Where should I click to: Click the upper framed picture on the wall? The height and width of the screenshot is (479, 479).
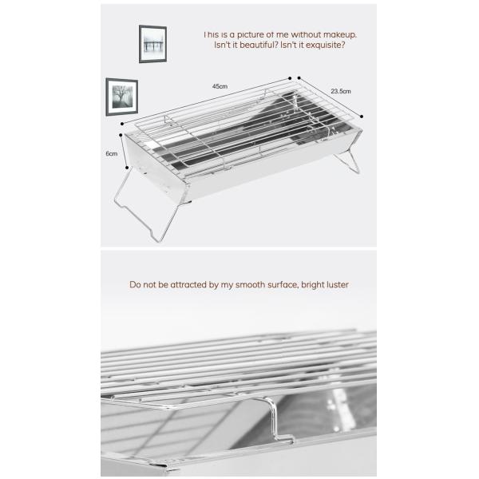pos(152,43)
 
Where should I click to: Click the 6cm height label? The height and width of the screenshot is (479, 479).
pos(113,153)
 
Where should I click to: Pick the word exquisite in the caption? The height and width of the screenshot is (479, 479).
pos(326,46)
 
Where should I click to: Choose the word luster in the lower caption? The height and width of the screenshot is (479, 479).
pos(335,284)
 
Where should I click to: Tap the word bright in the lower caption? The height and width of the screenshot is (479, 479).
pos(307,284)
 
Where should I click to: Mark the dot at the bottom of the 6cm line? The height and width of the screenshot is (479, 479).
pos(128,168)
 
